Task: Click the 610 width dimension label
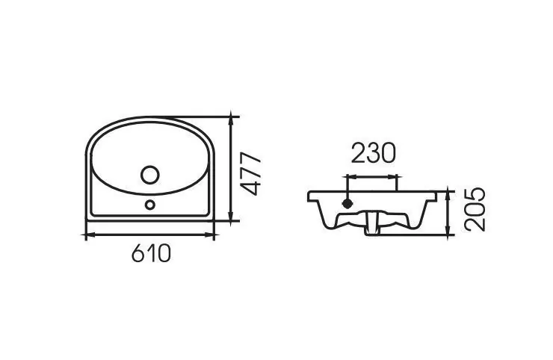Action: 151,253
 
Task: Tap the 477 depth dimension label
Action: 250,173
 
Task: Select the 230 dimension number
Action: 374,153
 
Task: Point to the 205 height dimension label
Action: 475,209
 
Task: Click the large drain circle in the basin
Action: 150,175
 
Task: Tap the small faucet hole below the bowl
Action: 150,205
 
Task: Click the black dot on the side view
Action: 347,203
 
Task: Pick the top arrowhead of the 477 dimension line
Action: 231,118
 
